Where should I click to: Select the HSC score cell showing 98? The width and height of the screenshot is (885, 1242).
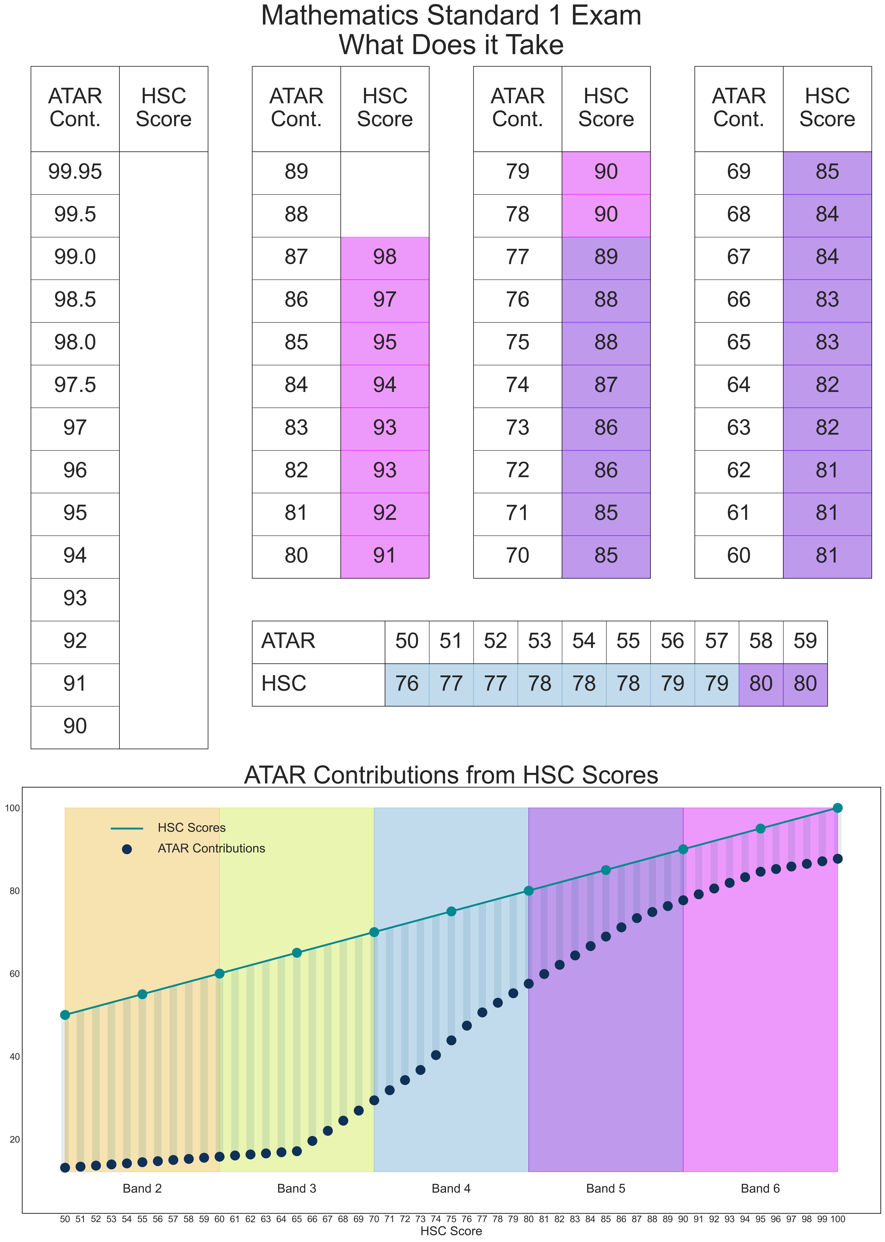coord(385,257)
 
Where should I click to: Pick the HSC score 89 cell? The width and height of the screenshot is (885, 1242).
coord(606,257)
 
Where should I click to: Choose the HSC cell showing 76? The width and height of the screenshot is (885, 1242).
coord(407,684)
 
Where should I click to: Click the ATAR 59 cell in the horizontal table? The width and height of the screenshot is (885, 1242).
coord(805,641)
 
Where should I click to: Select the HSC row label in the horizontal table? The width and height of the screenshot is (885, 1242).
coord(284,684)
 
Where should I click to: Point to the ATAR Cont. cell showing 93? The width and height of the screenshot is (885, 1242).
coord(75,598)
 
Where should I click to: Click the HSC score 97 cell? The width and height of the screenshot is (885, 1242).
coord(385,300)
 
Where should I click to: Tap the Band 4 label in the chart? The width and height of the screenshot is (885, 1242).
coord(451,1189)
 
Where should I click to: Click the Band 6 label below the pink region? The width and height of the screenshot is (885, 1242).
coord(760,1189)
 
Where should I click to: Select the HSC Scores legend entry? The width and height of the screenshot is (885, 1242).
coord(191,828)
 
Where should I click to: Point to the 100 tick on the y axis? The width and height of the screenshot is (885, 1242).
coord(12,808)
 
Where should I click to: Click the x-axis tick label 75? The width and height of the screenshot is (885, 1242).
coord(451,1219)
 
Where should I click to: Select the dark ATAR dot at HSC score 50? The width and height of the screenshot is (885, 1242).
coord(65,1167)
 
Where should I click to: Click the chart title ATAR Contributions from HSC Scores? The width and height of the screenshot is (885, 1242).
coord(451,775)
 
